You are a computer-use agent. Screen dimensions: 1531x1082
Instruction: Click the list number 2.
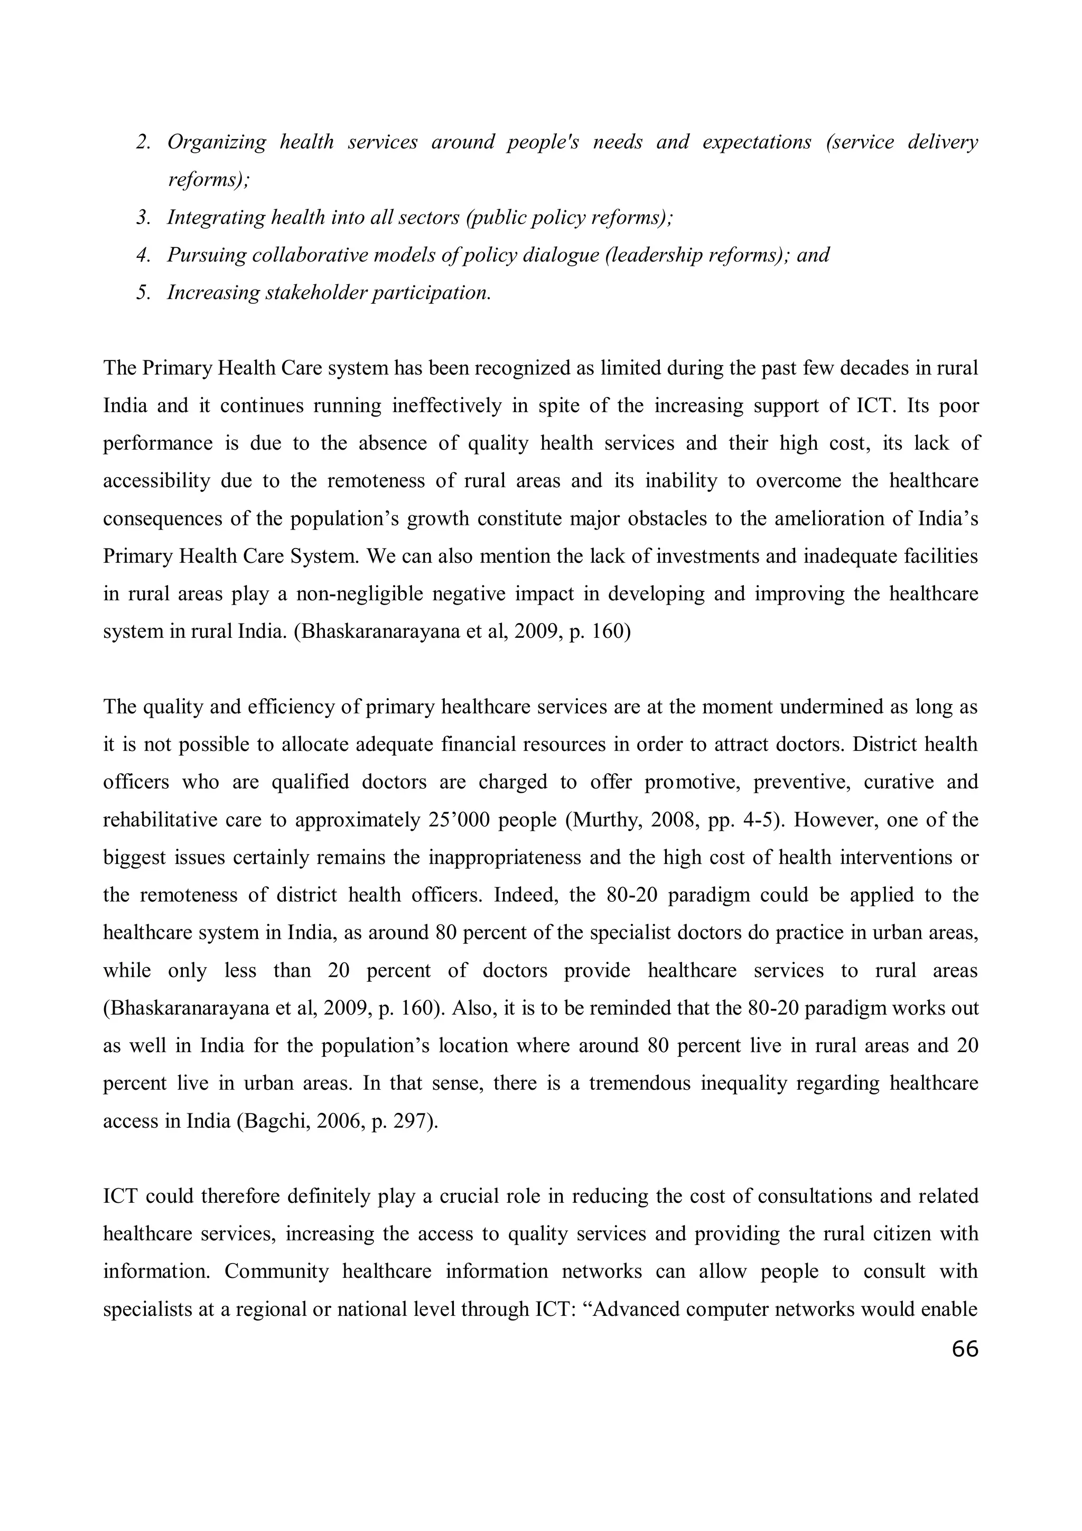[143, 142]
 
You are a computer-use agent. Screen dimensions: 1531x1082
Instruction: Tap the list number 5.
[143, 293]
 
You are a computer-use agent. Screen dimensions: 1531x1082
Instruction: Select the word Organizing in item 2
[216, 142]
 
